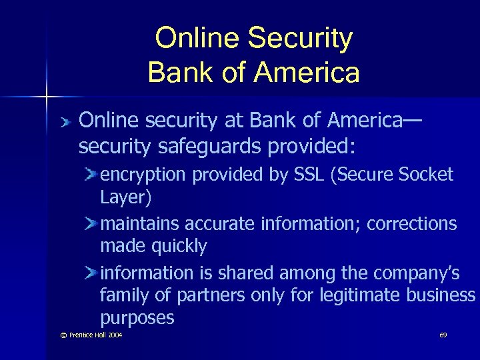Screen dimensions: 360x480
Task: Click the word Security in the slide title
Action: click(303, 39)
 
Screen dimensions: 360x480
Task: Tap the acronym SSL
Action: click(310, 175)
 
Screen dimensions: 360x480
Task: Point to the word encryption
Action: click(143, 175)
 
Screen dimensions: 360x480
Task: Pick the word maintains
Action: click(140, 224)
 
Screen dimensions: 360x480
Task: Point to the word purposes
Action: click(137, 318)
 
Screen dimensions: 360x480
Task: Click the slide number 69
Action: click(443, 334)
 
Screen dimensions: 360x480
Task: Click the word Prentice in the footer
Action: click(73, 334)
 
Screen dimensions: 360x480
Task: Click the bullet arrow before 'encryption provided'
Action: click(91, 175)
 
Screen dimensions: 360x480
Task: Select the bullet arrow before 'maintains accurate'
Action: click(91, 223)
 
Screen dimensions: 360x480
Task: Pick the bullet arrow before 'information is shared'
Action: click(91, 272)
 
